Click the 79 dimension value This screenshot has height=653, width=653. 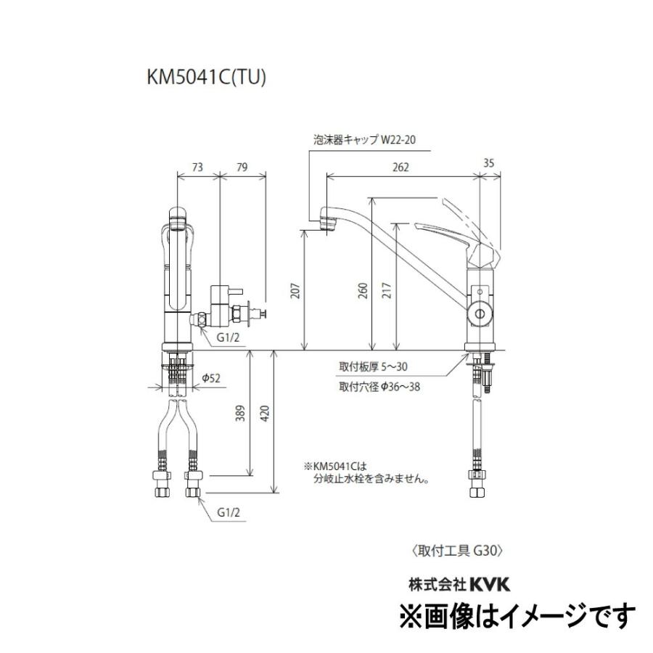[243, 167]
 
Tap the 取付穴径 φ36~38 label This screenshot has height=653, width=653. [379, 387]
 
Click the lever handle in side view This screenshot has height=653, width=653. [450, 232]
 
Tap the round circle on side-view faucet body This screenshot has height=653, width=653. [479, 313]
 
